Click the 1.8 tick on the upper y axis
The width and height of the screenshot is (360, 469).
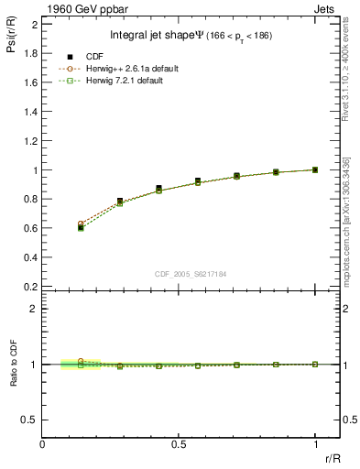[31, 53]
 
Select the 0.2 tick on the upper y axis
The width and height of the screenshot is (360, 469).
[31, 287]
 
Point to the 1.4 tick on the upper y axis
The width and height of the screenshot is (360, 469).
[31, 112]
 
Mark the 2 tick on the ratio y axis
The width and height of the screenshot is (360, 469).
[35, 309]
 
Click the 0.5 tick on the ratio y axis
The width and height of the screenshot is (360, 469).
[31, 420]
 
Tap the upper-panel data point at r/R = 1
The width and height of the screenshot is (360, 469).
[315, 169]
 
